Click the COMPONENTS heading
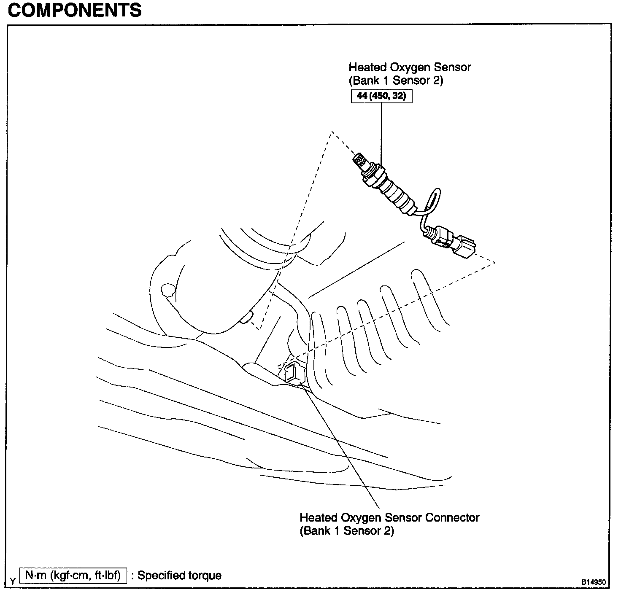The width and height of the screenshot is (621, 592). pos(75,10)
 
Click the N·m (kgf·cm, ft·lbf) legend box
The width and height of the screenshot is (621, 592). pos(73,575)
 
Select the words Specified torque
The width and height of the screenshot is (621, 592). pos(179,575)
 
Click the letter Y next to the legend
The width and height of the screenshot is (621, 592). pos(13,581)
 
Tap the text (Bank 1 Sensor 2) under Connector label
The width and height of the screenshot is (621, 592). pos(347,530)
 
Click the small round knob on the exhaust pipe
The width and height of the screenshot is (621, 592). pos(167,291)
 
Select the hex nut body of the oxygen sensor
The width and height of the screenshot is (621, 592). pos(374,176)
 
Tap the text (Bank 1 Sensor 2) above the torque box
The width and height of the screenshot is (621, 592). pos(396,80)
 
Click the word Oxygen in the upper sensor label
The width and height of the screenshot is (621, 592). pos(409,67)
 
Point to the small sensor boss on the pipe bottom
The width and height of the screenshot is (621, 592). pos(246,319)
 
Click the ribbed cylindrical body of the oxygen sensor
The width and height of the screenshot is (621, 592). pos(397,194)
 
